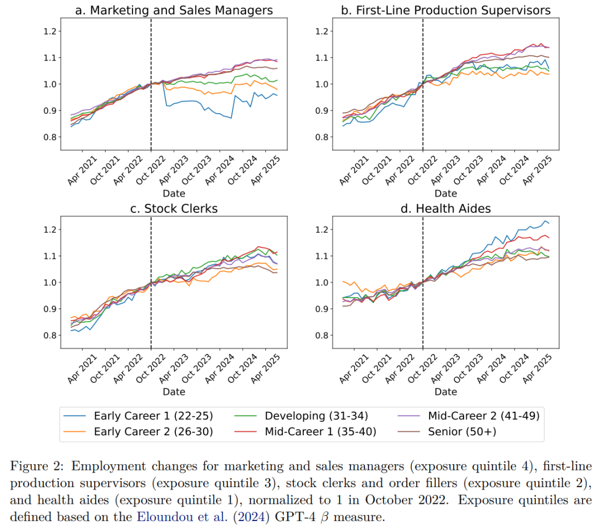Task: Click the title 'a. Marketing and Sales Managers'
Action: point(174,10)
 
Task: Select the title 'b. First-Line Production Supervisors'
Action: point(445,10)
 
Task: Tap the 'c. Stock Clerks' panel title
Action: point(174,208)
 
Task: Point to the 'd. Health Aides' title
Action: point(445,208)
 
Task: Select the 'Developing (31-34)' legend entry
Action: point(316,416)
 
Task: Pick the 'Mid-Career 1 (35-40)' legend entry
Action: point(321,431)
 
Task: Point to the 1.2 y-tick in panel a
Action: point(51,31)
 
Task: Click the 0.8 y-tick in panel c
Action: point(51,335)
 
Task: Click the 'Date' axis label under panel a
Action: point(174,193)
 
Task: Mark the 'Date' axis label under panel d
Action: point(445,392)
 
